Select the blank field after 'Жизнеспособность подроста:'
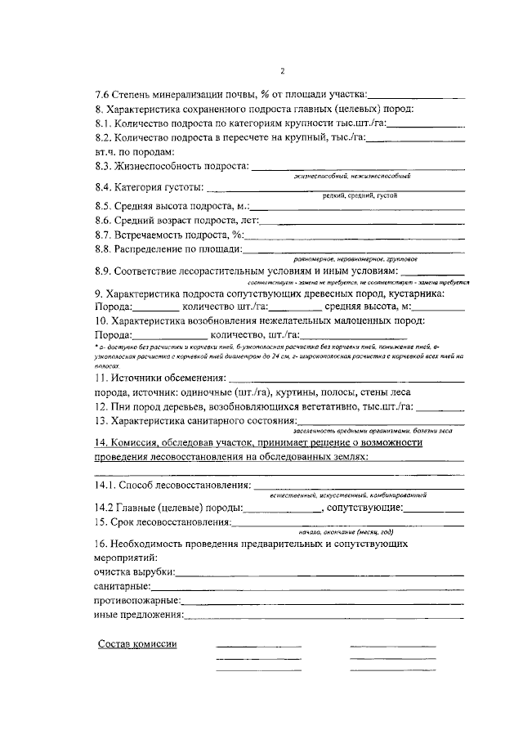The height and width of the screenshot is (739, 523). click(357, 168)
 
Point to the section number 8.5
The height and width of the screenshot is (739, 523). click(104, 206)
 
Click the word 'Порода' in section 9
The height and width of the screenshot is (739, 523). click(111, 307)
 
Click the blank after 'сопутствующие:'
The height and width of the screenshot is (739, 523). click(434, 508)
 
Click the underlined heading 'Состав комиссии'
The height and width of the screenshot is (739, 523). click(137, 643)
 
